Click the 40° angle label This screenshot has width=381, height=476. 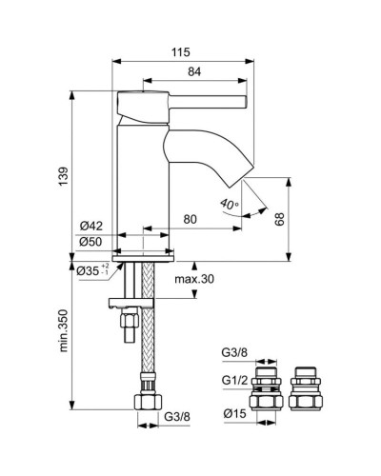click(227, 203)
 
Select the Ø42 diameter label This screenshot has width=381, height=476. click(91, 225)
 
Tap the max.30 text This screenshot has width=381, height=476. click(195, 279)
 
